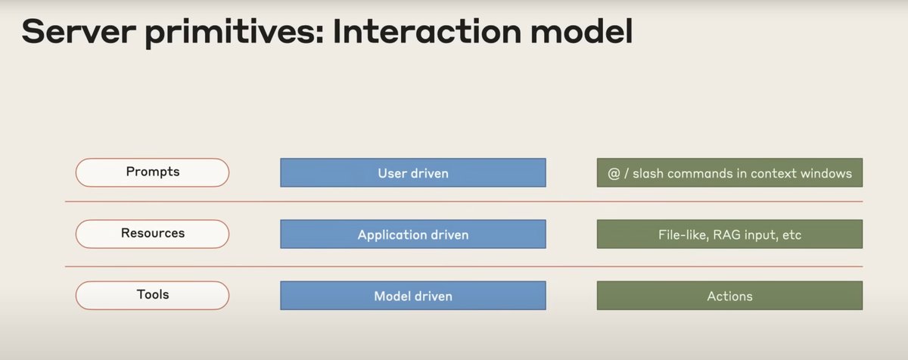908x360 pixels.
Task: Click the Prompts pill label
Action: [152, 172]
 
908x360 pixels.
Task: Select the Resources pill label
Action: [152, 234]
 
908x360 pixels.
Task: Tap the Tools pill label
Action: [152, 296]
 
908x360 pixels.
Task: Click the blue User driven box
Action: [413, 172]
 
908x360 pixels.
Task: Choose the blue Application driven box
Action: [413, 234]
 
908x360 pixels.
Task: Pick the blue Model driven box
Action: [413, 296]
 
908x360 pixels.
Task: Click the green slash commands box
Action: [729, 172]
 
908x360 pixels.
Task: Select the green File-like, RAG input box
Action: [729, 234]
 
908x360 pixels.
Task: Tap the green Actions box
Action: [729, 296]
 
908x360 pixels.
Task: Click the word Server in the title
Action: [79, 32]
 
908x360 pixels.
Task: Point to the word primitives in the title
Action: [235, 33]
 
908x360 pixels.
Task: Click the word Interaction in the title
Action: [427, 31]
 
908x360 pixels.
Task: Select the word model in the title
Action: [581, 31]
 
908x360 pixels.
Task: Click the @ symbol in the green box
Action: [614, 174]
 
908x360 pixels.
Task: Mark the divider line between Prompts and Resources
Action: [464, 201]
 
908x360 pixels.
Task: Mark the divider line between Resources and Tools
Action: [464, 266]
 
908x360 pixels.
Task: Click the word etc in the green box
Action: [791, 235]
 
